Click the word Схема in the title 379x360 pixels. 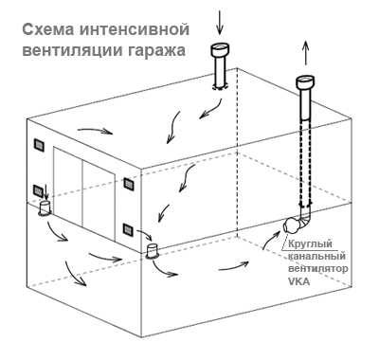coord(48,30)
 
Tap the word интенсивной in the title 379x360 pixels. coord(135,30)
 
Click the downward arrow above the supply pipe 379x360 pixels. coord(220,23)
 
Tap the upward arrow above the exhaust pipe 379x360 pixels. coord(306,54)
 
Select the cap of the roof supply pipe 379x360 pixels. coord(220,50)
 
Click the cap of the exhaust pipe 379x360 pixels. coord(306,82)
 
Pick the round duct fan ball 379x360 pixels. coord(292,225)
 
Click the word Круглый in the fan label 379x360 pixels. coord(310,244)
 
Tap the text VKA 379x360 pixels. coord(298,281)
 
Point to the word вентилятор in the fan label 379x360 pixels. coord(318,269)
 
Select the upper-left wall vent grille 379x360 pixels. coord(39,145)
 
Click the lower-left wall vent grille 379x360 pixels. coord(39,190)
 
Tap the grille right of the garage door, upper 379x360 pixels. coord(129,184)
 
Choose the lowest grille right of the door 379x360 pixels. coord(128,229)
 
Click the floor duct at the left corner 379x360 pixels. coord(45,207)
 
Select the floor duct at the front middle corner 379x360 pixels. coord(153,251)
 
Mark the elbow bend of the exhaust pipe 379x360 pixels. coord(305,220)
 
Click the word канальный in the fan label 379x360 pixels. coord(316,257)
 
